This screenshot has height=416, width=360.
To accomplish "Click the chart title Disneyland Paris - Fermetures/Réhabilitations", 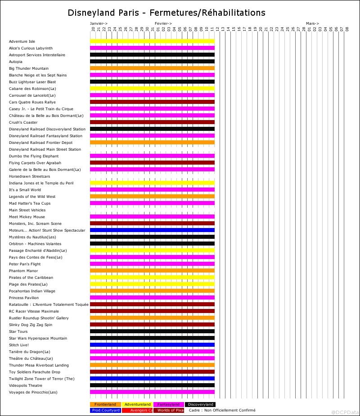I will click(x=166, y=13).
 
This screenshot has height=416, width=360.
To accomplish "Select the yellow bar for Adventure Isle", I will click(x=152, y=41).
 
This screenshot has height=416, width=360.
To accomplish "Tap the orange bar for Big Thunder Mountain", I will click(x=152, y=68).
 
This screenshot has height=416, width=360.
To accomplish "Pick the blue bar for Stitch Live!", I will click(x=152, y=345).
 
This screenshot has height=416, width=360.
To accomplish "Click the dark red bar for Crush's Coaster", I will click(x=152, y=122).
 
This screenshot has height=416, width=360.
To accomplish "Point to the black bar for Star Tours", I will click(x=152, y=331).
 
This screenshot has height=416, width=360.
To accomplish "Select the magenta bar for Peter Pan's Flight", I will click(x=152, y=264).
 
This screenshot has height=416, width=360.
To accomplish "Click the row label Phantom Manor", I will click(x=23, y=271).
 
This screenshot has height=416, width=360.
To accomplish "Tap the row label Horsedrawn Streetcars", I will click(x=29, y=176).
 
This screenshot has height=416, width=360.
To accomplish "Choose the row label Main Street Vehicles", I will click(x=27, y=210).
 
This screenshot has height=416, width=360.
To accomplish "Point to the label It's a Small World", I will click(x=25, y=190).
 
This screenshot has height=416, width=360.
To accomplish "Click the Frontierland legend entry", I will click(x=105, y=404).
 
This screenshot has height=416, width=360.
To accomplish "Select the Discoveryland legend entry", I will click(x=200, y=404).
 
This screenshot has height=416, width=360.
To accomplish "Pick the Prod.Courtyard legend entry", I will click(x=105, y=410).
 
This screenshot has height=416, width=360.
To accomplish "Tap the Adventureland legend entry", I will click(x=137, y=404).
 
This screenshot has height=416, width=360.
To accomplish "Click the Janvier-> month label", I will click(x=99, y=23).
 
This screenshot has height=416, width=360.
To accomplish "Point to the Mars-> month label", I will click(x=312, y=23).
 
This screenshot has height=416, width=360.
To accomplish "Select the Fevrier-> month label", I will click(x=163, y=23).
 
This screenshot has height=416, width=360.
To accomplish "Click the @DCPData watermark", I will click(x=345, y=412).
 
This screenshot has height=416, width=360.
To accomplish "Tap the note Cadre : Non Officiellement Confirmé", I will click(x=222, y=410).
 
